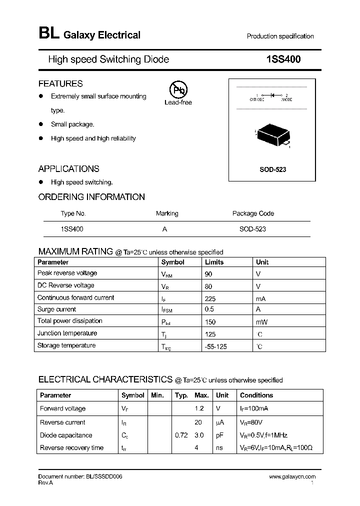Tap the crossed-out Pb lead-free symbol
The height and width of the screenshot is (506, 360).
(177, 90)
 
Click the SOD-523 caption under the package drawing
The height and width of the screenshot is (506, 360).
(272, 169)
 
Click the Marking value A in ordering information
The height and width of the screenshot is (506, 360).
(164, 228)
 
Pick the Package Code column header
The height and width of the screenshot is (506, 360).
(253, 213)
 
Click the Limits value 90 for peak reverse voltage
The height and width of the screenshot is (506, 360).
(209, 274)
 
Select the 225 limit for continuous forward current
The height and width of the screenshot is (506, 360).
(210, 298)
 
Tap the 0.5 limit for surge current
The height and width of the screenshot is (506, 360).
(209, 309)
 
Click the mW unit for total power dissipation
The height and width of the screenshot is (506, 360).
(261, 322)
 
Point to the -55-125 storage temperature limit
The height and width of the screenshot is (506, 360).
(215, 346)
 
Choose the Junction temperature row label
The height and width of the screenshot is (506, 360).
(67, 333)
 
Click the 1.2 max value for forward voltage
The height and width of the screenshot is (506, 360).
(199, 408)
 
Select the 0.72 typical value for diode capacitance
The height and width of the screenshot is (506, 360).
(181, 435)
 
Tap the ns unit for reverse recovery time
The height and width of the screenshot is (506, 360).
(219, 448)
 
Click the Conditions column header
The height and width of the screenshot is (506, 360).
(256, 395)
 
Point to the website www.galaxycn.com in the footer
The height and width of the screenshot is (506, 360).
(292, 477)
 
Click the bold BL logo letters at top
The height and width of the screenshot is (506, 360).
(48, 33)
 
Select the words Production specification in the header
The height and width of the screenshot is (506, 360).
(280, 36)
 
